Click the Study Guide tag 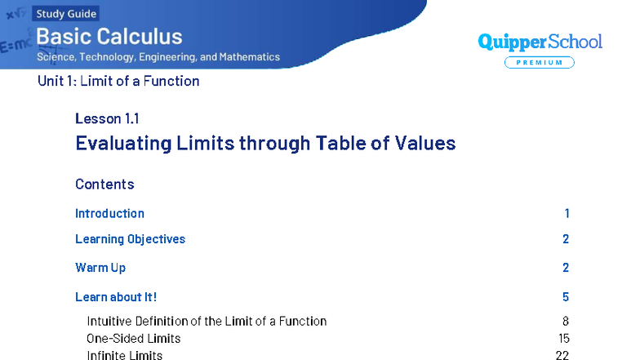pyautogui.click(x=66, y=13)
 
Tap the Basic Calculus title pyautogui.click(x=109, y=36)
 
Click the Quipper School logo pyautogui.click(x=540, y=42)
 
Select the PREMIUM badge pyautogui.click(x=539, y=63)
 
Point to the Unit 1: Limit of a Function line pyautogui.click(x=118, y=81)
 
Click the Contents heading pyautogui.click(x=104, y=184)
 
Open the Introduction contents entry pyautogui.click(x=109, y=213)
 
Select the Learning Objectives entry pyautogui.click(x=130, y=239)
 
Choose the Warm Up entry pyautogui.click(x=100, y=268)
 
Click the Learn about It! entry pyautogui.click(x=116, y=297)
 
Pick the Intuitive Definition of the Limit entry pyautogui.click(x=207, y=321)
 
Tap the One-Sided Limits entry pyautogui.click(x=134, y=338)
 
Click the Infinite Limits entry pyautogui.click(x=125, y=355)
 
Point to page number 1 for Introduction pyautogui.click(x=567, y=213)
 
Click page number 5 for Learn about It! pyautogui.click(x=566, y=297)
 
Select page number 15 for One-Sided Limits pyautogui.click(x=562, y=338)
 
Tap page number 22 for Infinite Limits pyautogui.click(x=562, y=355)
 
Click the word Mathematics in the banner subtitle pyautogui.click(x=249, y=57)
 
